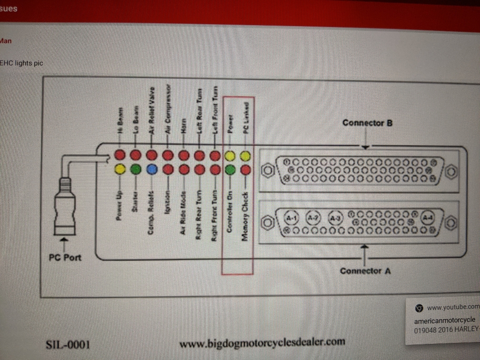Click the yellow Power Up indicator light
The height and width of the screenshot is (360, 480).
click(120, 169)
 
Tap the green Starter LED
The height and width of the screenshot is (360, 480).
click(136, 169)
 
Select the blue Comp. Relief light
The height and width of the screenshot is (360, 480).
click(152, 169)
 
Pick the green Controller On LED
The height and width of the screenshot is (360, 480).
click(230, 169)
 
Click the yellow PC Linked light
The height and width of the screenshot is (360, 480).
click(246, 155)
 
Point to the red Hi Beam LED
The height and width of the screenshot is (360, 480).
click(120, 155)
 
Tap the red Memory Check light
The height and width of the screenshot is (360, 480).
click(246, 169)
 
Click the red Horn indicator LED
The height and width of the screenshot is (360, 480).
click(183, 155)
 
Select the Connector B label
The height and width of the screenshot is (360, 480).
click(367, 123)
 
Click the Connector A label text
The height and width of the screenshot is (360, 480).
click(365, 270)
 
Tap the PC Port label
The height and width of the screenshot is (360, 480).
click(65, 258)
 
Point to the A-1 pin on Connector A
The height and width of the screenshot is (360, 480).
click(290, 218)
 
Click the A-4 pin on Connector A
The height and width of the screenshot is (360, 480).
click(428, 217)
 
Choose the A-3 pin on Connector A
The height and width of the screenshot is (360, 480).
click(337, 218)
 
